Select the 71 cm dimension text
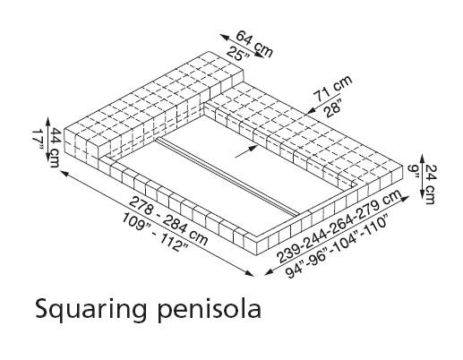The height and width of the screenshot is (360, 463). click(x=333, y=88)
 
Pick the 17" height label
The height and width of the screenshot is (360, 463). click(x=38, y=139)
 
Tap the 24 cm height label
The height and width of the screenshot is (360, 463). click(x=430, y=184)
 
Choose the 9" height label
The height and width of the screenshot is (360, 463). click(x=414, y=171)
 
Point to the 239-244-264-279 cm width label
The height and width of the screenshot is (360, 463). click(x=339, y=227)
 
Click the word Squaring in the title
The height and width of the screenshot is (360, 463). click(x=90, y=310)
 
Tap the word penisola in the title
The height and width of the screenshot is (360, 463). click(x=210, y=310)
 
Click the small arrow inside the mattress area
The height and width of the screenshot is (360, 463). click(x=246, y=150)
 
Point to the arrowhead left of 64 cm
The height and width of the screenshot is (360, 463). click(x=225, y=37)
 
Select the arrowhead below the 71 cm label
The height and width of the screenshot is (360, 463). click(x=311, y=111)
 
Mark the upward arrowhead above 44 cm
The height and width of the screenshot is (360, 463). click(x=47, y=122)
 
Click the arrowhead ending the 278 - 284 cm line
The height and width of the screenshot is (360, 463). click(x=250, y=273)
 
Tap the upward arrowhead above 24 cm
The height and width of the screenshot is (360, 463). click(x=422, y=159)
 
